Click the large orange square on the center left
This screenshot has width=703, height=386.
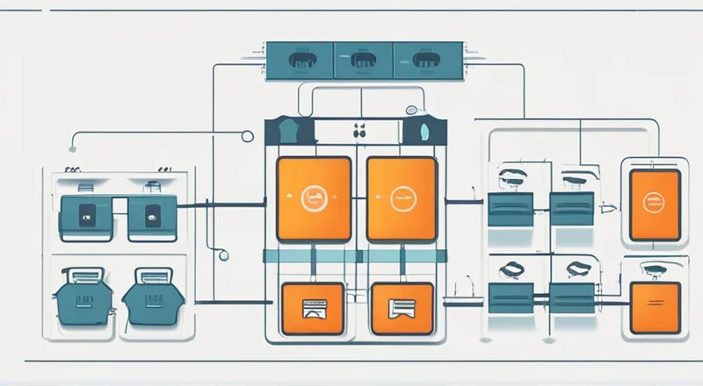tap(314, 198)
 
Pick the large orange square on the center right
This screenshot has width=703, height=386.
tap(402, 198)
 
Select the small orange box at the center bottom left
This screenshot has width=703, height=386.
tap(314, 308)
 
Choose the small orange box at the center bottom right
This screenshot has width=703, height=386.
tap(402, 308)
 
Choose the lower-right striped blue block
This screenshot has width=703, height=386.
tap(572, 296)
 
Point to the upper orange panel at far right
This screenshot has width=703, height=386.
tap(655, 204)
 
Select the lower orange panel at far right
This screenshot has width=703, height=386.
tap(655, 306)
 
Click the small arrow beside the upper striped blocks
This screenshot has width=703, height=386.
tap(605, 210)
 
